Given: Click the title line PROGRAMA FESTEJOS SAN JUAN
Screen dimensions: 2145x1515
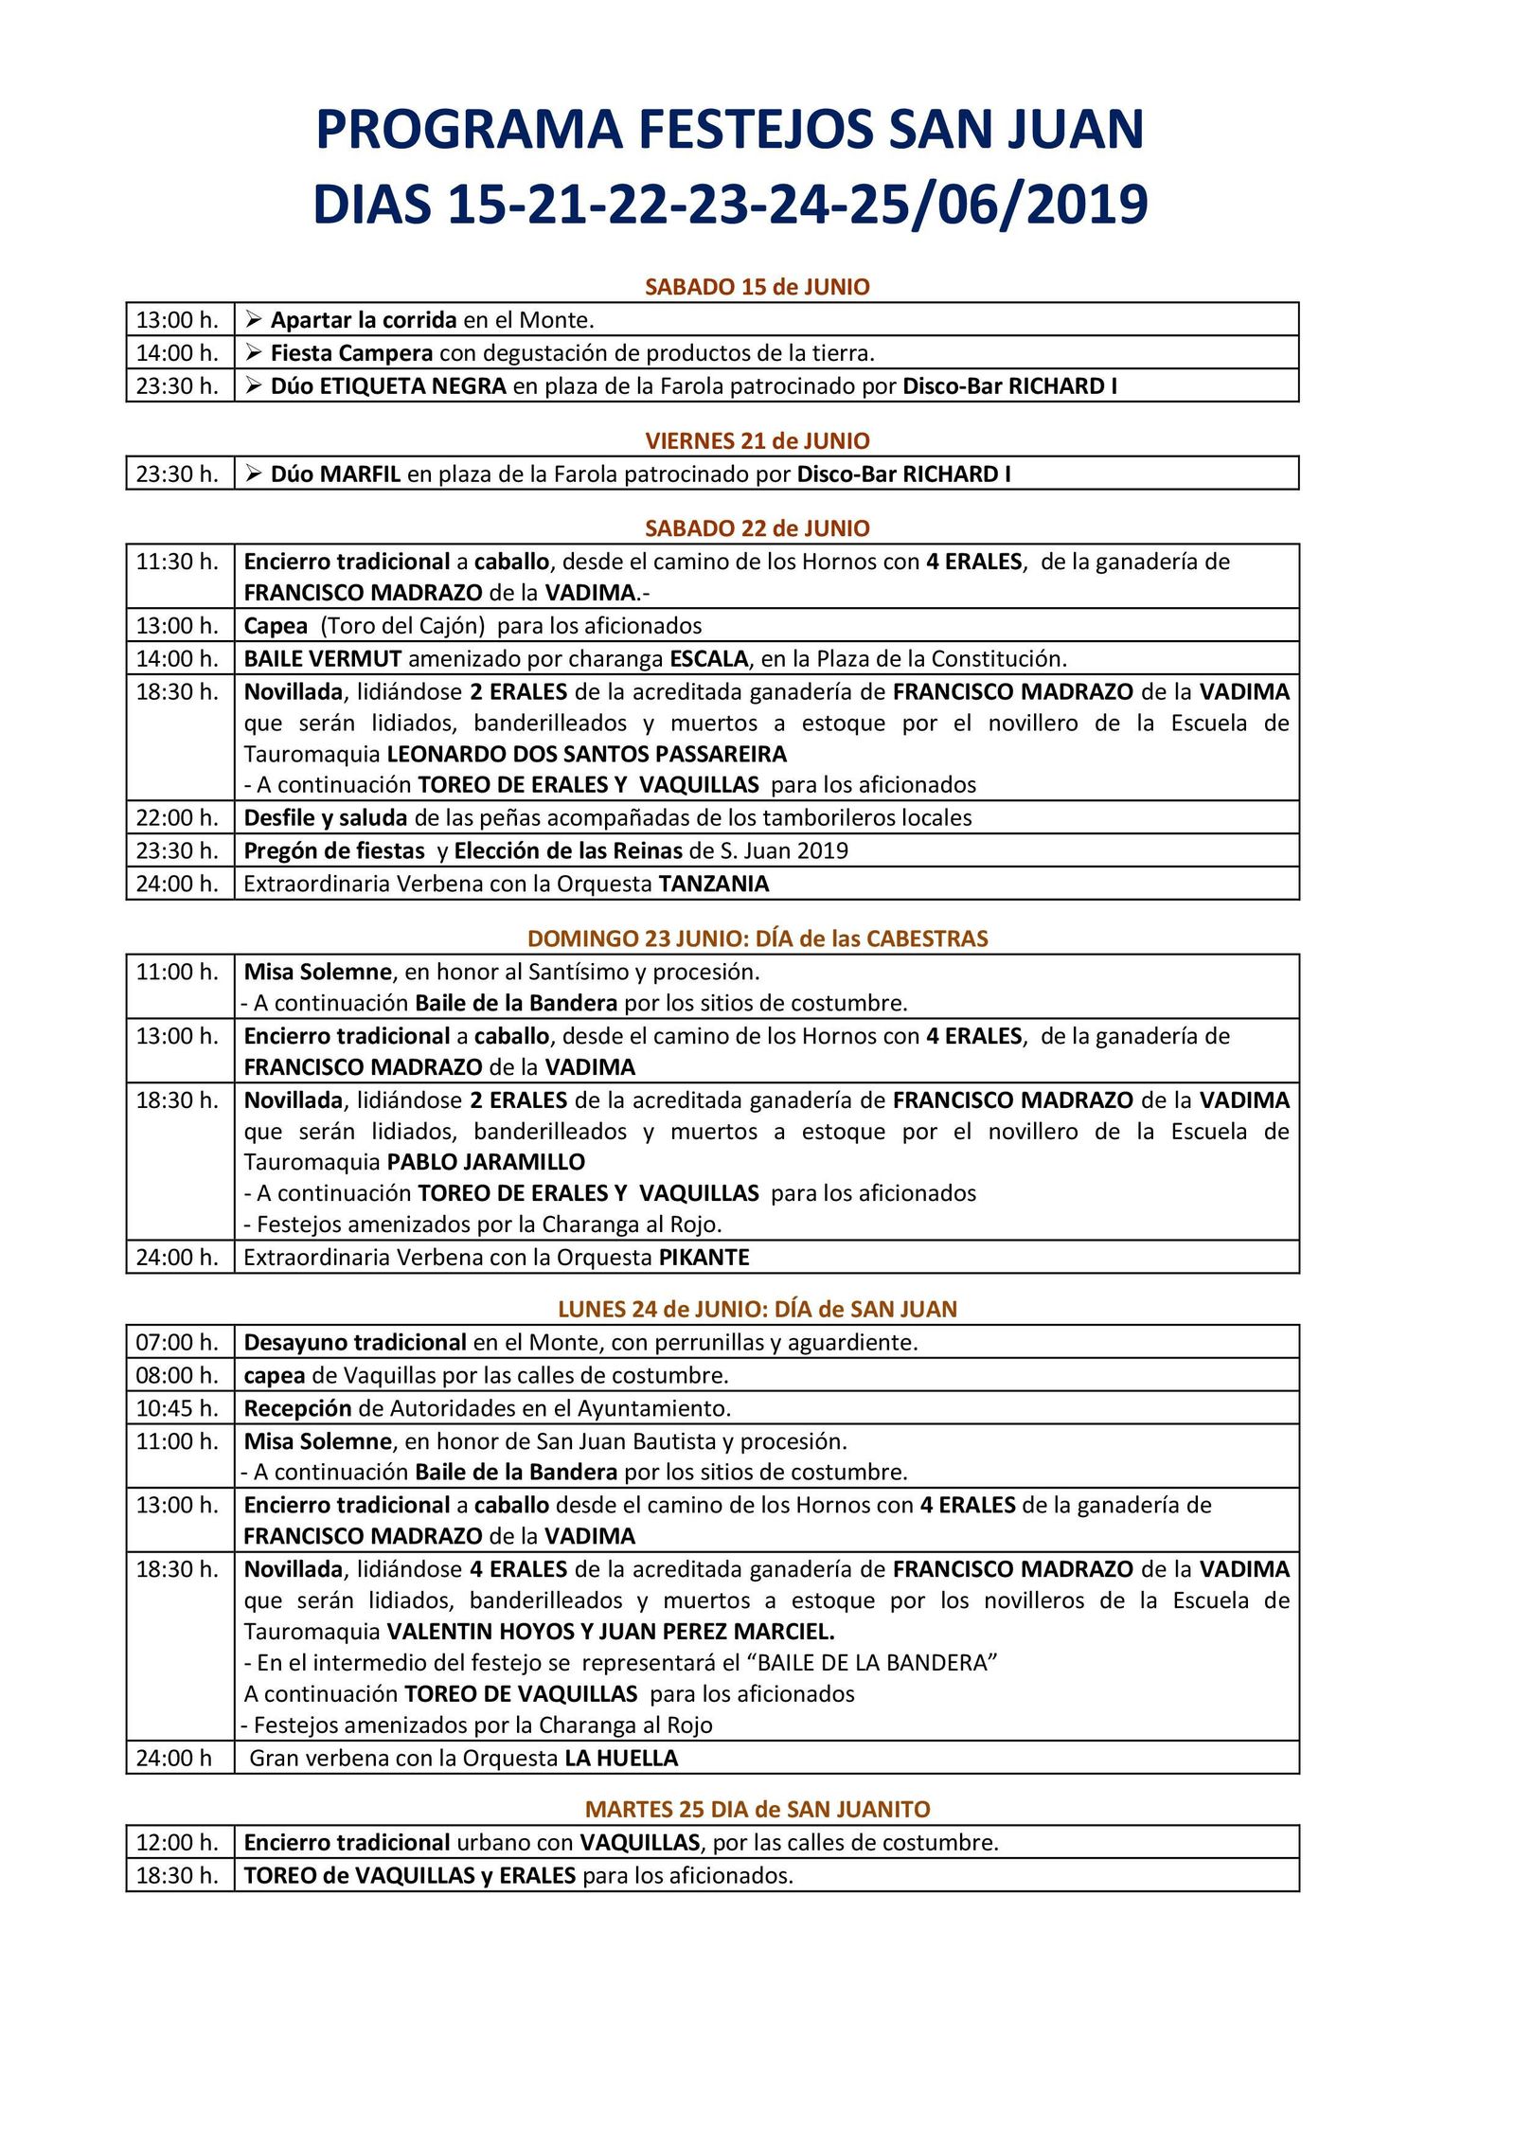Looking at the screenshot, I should coord(729,130).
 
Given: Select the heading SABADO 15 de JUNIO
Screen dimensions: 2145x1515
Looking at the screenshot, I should coord(757,287).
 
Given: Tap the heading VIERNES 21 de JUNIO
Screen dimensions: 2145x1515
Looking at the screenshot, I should coord(757,440).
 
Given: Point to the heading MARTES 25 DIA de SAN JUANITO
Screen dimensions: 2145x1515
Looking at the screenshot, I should coord(757,1809).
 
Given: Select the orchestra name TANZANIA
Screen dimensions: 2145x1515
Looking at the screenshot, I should coord(713,884).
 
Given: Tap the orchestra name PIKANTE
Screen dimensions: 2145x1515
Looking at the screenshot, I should coord(704,1258).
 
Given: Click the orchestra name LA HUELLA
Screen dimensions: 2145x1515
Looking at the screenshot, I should coord(621,1759).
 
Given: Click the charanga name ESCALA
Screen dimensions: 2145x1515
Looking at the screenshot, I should coord(709,658).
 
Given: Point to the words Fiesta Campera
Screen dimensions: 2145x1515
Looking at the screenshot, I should coord(351,353).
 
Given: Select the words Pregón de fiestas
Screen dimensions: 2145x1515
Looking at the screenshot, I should coord(334,850).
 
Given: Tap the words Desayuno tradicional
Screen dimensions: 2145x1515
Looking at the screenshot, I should coord(355,1342).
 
